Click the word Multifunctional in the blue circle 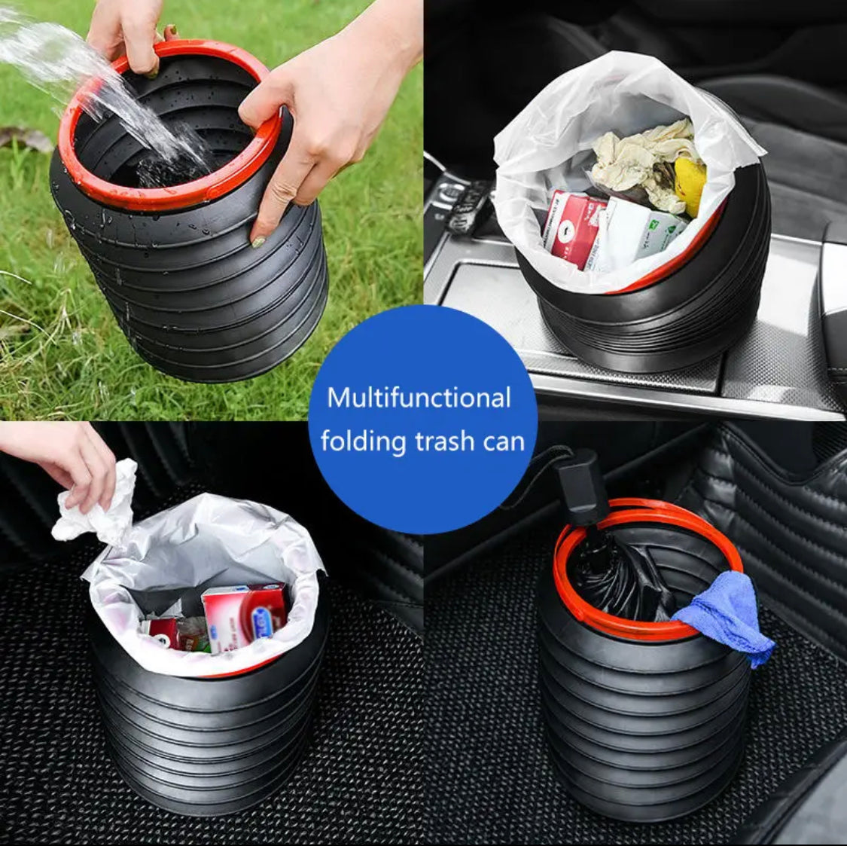(x=419, y=398)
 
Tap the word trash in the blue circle (x=447, y=441)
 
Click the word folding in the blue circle (x=363, y=441)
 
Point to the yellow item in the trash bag (x=690, y=185)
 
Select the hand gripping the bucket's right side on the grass (x=324, y=113)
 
